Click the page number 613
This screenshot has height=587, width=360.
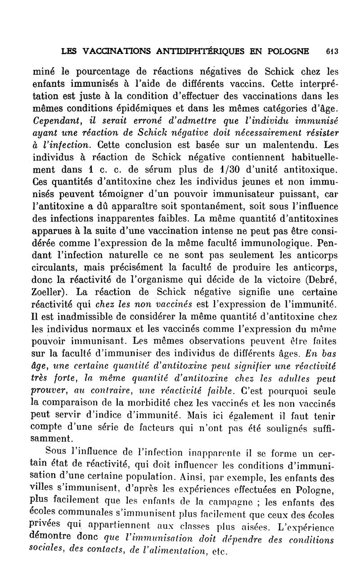click(x=333, y=51)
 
